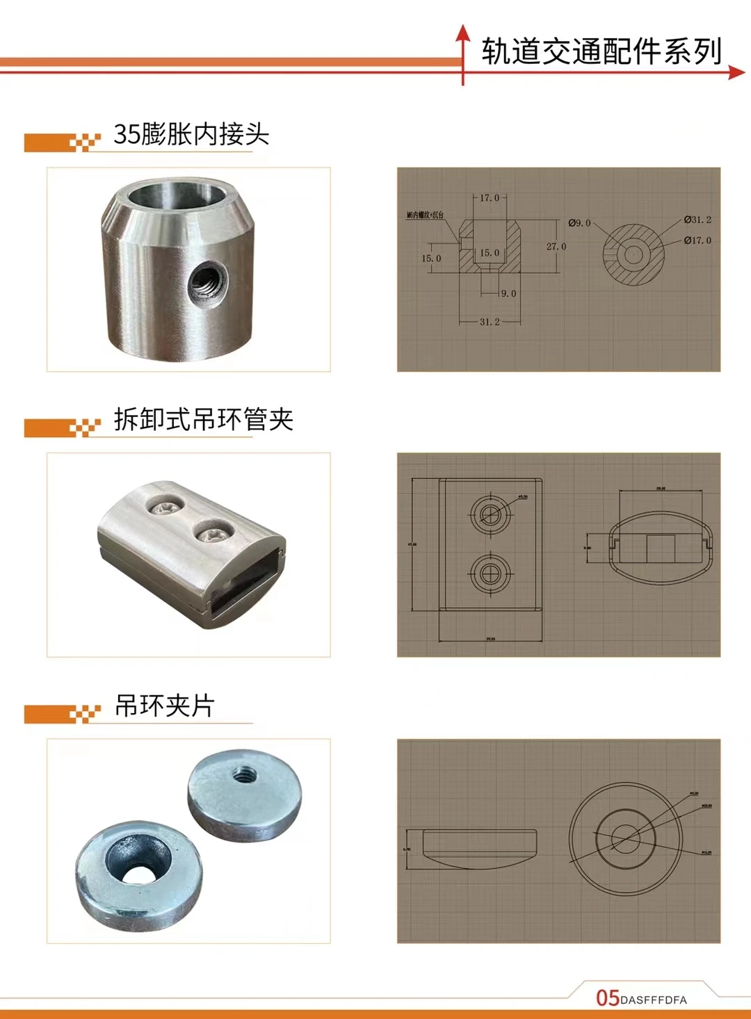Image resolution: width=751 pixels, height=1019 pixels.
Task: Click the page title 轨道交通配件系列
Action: (x=602, y=51)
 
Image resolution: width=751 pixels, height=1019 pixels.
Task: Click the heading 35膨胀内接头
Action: (x=191, y=133)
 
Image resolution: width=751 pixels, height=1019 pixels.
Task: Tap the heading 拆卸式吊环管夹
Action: (x=203, y=419)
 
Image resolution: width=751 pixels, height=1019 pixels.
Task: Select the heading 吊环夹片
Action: (x=165, y=706)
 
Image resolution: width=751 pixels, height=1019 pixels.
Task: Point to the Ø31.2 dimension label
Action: (x=697, y=220)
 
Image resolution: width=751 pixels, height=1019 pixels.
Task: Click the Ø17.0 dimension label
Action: (x=697, y=241)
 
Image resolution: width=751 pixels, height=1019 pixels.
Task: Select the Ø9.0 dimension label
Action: (x=579, y=223)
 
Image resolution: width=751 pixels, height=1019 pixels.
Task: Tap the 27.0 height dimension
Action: (x=556, y=247)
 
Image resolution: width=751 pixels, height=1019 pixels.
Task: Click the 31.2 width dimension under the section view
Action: (x=490, y=322)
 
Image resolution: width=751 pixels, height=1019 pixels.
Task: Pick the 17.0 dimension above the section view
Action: (x=490, y=198)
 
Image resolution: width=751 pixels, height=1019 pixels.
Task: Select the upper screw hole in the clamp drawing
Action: (x=491, y=514)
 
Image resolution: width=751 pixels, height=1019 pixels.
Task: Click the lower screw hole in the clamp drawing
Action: (x=491, y=573)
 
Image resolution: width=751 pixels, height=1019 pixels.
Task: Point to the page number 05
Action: (x=607, y=998)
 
